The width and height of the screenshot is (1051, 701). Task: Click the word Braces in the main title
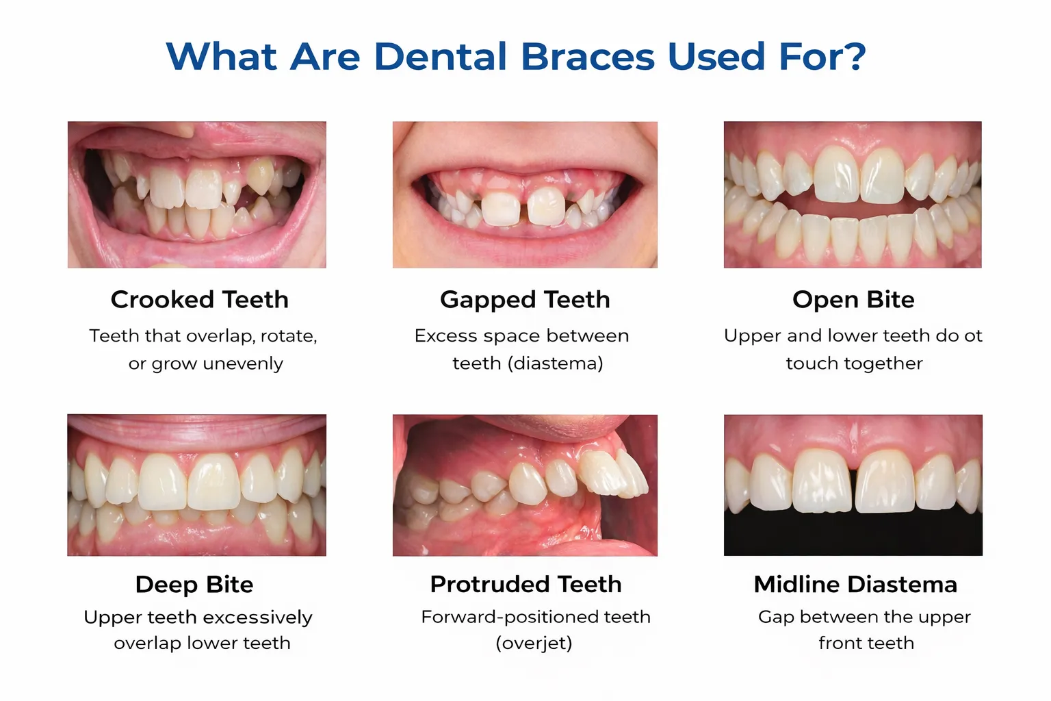(588, 57)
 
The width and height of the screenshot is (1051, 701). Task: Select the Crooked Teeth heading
(199, 300)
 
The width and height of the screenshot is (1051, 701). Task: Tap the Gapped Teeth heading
(525, 300)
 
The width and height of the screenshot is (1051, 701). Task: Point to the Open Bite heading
(853, 300)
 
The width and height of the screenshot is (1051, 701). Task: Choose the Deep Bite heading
(194, 585)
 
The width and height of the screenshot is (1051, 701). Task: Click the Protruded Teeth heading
(526, 585)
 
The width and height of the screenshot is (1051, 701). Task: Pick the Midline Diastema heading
(855, 585)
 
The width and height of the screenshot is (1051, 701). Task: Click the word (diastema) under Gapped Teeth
(555, 364)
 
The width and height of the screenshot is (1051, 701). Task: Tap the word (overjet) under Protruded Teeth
(534, 643)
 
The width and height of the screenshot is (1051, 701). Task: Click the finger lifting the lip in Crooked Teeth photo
(174, 129)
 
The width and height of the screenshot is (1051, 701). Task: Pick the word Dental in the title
(441, 57)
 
